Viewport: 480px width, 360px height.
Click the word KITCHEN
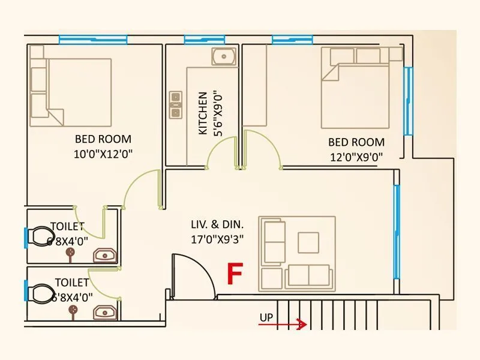[203, 113]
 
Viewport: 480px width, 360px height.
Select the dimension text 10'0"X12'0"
[103, 154]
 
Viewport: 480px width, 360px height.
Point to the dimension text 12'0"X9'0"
[356, 157]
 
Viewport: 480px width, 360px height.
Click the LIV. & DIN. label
[217, 225]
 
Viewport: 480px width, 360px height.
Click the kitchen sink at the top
[223, 57]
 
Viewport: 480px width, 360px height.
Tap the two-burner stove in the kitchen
[176, 104]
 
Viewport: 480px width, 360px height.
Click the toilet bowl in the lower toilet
[41, 294]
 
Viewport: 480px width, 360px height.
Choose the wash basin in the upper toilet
[106, 256]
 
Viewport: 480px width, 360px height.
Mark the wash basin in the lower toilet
[106, 312]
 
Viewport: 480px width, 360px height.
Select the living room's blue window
[397, 231]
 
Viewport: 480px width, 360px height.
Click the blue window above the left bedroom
[93, 40]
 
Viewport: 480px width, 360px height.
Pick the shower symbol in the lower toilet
[73, 310]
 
